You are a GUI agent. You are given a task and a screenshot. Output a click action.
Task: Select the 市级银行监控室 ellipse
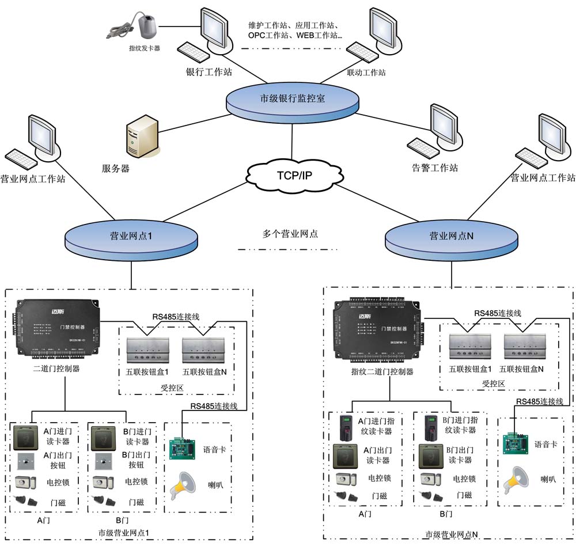point(292,99)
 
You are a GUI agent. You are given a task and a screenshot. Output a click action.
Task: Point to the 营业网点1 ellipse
point(131,237)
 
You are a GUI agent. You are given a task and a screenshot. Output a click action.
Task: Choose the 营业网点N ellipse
point(452,237)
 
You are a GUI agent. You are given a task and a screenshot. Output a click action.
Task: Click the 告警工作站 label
point(435,168)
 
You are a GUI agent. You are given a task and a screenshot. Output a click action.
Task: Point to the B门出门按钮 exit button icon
point(101,461)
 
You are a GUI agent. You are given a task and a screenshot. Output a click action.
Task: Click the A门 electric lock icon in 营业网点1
point(25,481)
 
